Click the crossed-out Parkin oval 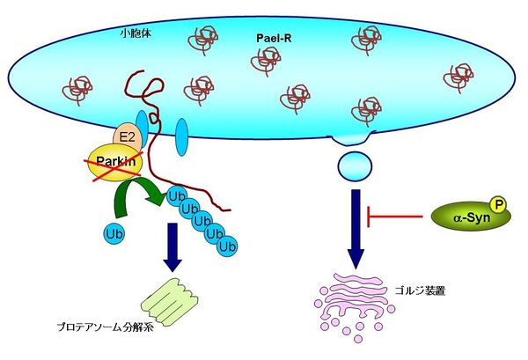tap(110, 160)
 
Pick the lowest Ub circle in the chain tap(227, 247)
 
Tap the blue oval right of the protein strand tap(182, 136)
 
